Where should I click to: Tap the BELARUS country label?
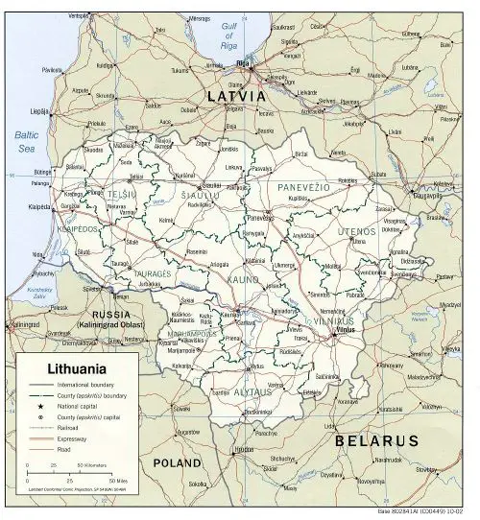coord(376,440)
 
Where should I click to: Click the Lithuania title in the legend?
coord(71,367)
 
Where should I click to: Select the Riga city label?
coord(242,64)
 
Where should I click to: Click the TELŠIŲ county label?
coord(121,193)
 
